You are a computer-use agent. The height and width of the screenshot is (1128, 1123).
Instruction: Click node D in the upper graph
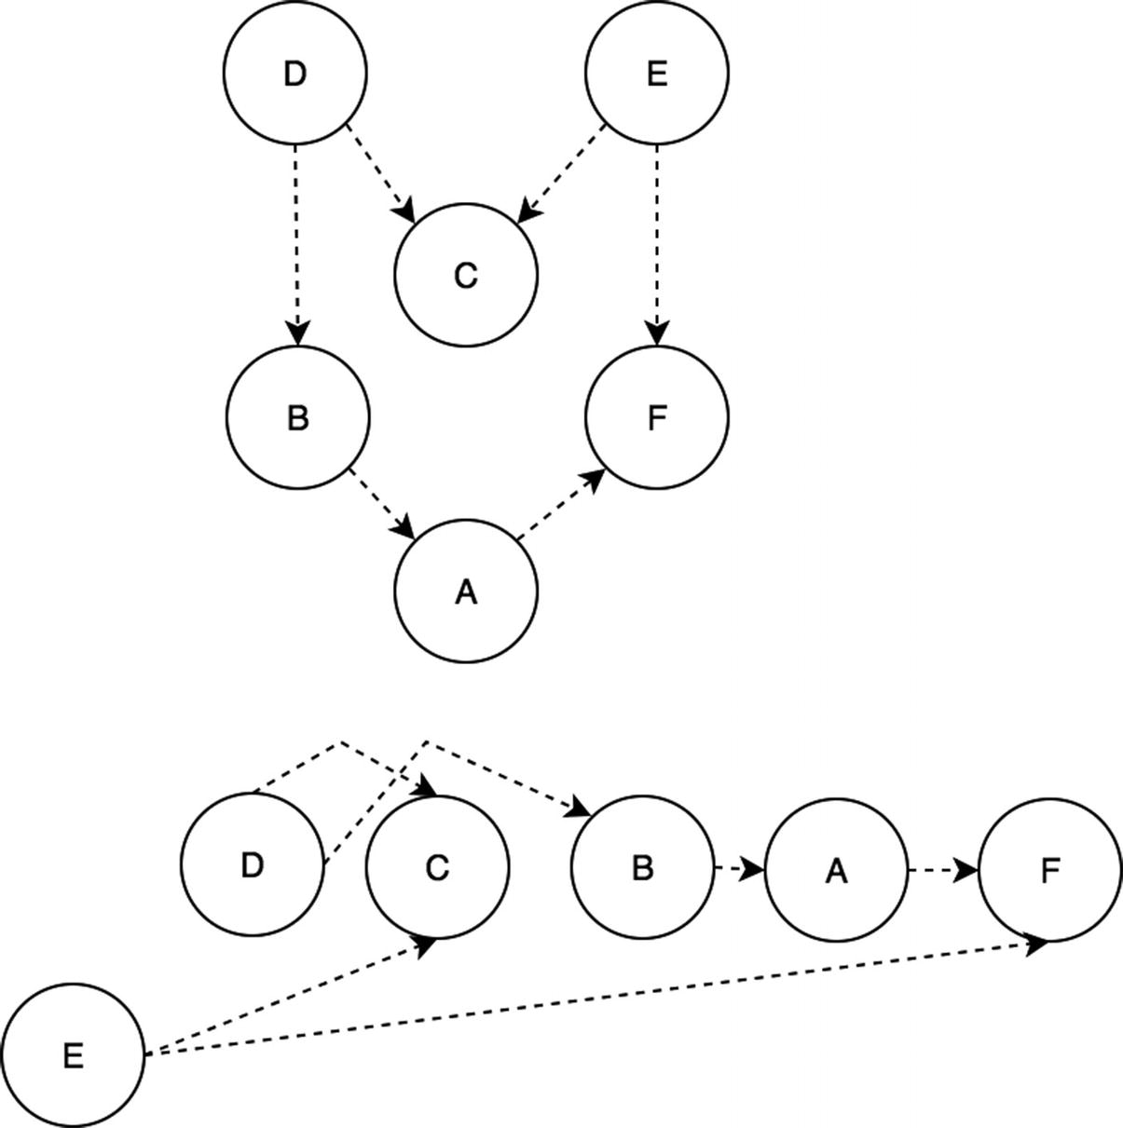pos(294,73)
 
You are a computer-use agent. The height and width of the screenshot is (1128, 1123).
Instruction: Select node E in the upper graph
pos(656,73)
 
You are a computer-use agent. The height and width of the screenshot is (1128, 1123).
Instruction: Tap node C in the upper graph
pos(466,276)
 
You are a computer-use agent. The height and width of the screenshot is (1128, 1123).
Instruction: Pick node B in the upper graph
pos(297,417)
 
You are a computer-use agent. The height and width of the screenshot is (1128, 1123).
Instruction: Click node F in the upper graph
pos(656,417)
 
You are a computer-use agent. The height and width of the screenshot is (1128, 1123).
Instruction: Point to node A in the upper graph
pos(466,591)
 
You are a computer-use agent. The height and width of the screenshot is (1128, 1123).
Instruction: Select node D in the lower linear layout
pos(252,864)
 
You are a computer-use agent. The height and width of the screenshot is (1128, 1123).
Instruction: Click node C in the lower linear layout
pos(437,867)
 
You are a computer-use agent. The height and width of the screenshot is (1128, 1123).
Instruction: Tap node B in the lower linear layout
pos(641,867)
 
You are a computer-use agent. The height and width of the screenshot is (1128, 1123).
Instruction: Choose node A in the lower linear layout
pos(836,870)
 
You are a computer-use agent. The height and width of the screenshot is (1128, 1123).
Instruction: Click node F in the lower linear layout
pos(1049,870)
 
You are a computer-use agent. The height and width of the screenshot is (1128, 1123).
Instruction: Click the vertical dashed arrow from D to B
pos(296,242)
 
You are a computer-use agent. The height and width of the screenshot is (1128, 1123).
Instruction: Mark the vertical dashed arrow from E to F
pos(657,242)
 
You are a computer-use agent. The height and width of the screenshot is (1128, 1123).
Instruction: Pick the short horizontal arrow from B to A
pos(738,869)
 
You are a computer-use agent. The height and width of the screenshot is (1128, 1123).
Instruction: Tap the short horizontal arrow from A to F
pos(941,871)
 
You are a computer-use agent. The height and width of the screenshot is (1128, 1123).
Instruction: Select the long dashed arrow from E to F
pos(596,998)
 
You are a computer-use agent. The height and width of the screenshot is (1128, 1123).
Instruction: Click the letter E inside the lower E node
pos(73,1055)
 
